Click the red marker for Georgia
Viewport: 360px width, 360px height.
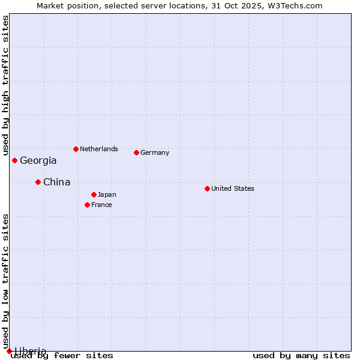pos(14,160)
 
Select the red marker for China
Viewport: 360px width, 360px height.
pos(38,182)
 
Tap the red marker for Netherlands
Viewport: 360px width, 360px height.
pos(76,149)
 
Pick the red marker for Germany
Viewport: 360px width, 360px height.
pos(136,152)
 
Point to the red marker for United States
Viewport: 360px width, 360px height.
pos(207,188)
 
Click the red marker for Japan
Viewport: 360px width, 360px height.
pos(94,194)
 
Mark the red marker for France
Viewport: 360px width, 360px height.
pos(87,205)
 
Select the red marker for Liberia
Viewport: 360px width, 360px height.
pos(9,351)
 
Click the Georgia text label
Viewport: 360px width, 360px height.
pos(38,161)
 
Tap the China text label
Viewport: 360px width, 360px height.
pos(56,182)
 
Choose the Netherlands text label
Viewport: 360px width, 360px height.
pos(99,149)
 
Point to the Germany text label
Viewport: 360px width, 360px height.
pos(155,152)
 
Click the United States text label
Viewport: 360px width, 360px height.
pos(233,188)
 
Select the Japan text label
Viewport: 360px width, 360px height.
pos(107,194)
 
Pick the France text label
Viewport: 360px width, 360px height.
pos(101,205)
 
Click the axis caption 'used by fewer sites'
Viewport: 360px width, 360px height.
pos(62,356)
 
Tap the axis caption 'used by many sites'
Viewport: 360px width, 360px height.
pos(301,356)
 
